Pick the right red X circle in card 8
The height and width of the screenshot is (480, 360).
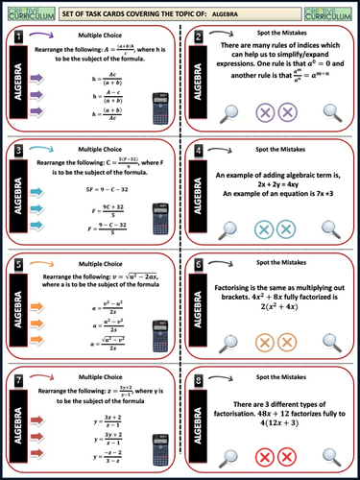pyautogui.click(x=289, y=456)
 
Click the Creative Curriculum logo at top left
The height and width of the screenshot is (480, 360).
pyautogui.click(x=26, y=12)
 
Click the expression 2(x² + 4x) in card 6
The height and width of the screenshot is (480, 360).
pyautogui.click(x=275, y=306)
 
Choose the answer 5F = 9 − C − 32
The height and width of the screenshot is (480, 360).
pyautogui.click(x=95, y=187)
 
